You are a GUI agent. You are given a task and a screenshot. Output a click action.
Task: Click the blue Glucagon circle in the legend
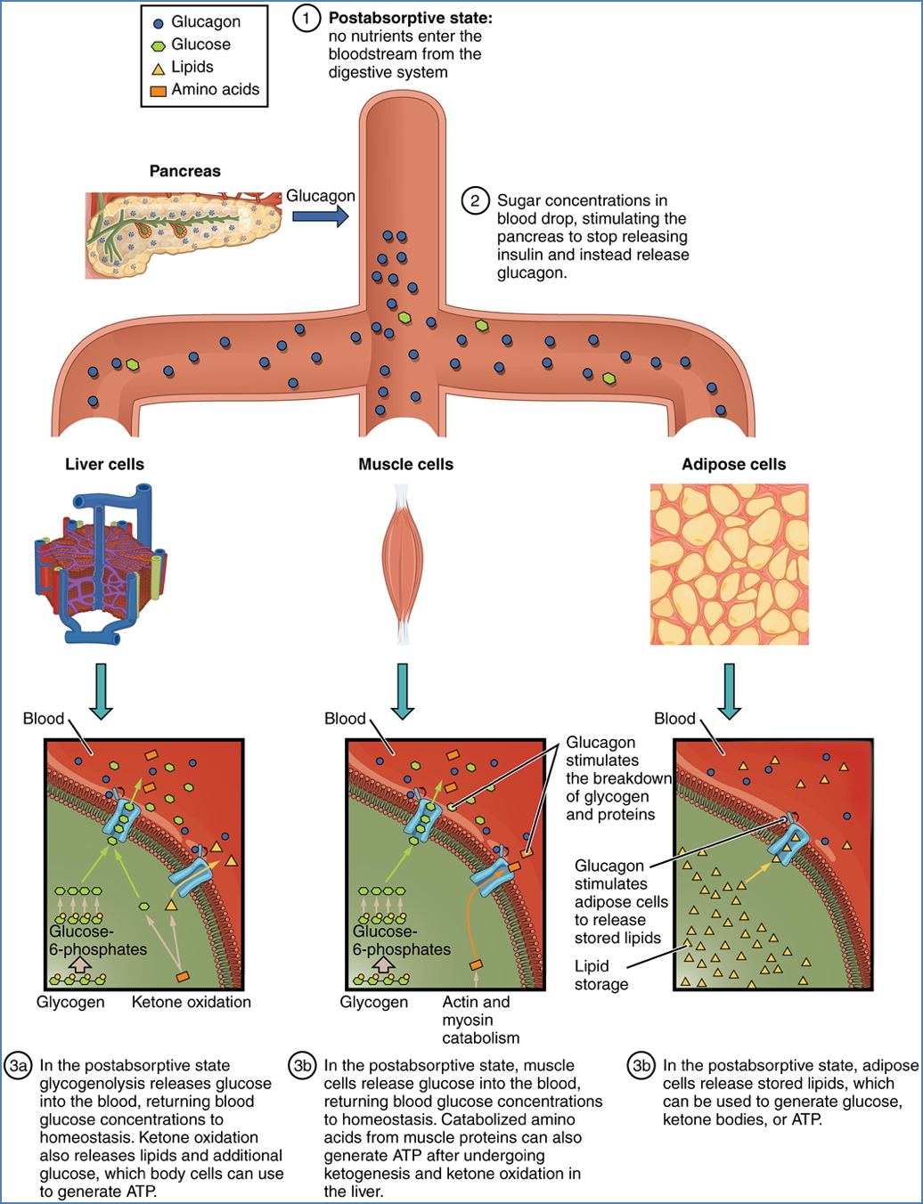pyautogui.click(x=159, y=23)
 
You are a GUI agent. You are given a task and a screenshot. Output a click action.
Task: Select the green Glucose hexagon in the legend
pyautogui.click(x=159, y=45)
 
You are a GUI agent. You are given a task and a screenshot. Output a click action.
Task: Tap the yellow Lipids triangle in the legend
pyautogui.click(x=159, y=69)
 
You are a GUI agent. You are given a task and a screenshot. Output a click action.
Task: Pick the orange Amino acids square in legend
pyautogui.click(x=159, y=91)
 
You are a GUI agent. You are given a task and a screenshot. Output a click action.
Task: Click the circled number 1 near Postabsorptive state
pyautogui.click(x=306, y=18)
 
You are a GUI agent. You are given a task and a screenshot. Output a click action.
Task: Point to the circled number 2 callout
pyautogui.click(x=475, y=201)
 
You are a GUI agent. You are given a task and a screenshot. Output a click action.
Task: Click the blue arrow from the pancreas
pyautogui.click(x=320, y=216)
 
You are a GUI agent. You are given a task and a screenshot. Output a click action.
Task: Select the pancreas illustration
pyautogui.click(x=183, y=233)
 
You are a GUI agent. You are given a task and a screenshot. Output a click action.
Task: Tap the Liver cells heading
pyautogui.click(x=104, y=464)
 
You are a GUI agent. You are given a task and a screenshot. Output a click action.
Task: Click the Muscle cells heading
pyautogui.click(x=405, y=464)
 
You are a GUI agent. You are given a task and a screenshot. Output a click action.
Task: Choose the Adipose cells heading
pyautogui.click(x=733, y=464)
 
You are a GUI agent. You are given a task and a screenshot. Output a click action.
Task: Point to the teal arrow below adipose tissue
pyautogui.click(x=730, y=691)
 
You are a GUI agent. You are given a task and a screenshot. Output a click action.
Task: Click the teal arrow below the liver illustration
pyautogui.click(x=101, y=691)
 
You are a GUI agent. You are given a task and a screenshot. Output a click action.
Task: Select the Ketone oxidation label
pyautogui.click(x=191, y=1002)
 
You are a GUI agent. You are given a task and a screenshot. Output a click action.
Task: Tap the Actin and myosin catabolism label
pyautogui.click(x=480, y=1020)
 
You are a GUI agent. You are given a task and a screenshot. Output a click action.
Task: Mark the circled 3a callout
pyautogui.click(x=19, y=1066)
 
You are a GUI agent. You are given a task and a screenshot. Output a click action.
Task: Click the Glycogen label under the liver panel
pyautogui.click(x=70, y=1002)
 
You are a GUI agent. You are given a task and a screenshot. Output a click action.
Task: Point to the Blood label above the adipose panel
pyautogui.click(x=674, y=719)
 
